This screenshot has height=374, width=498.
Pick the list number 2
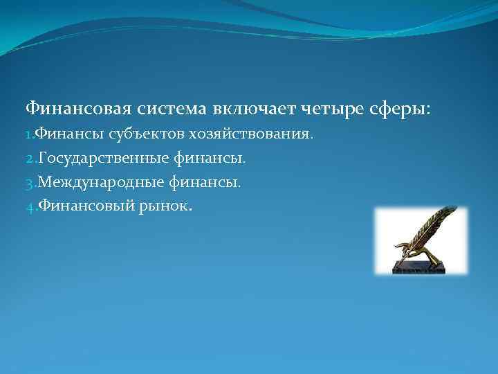(29, 159)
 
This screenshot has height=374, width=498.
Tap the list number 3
(29, 183)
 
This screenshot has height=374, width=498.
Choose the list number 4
(29, 207)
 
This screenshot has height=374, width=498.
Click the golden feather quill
(429, 229)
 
